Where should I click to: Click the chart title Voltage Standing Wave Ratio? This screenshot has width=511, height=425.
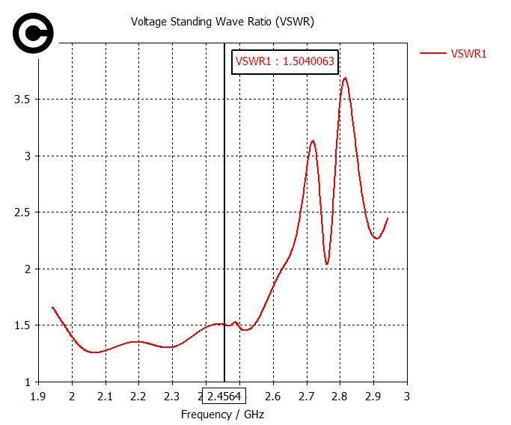(x=222, y=22)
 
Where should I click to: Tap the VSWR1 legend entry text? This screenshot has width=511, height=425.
(x=469, y=53)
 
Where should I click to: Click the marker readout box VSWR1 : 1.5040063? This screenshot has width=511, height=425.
(x=284, y=61)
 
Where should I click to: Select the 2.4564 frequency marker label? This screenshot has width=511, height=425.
(x=224, y=395)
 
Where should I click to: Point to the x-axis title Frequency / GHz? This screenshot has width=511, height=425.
(x=222, y=414)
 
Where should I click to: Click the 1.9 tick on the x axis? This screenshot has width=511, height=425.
(x=38, y=395)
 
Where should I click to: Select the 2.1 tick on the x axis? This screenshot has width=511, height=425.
(x=105, y=395)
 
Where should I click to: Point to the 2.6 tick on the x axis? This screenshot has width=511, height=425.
(x=273, y=395)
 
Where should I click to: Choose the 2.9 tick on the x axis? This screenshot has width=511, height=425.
(x=373, y=395)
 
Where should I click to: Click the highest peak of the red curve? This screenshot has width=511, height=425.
(x=345, y=78)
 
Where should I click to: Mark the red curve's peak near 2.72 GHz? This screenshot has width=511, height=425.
(x=313, y=141)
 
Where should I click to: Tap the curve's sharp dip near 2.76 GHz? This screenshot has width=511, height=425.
(x=327, y=263)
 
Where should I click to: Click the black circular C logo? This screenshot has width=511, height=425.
(x=33, y=34)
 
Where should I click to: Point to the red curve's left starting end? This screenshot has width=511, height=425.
(x=52, y=307)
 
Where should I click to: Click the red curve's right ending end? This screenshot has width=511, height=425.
(x=388, y=218)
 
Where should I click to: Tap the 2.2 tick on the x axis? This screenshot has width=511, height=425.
(x=139, y=395)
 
